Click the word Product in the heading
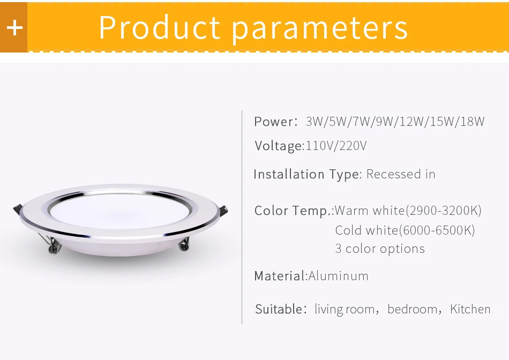coord(159,28)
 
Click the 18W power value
coord(472,122)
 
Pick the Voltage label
coord(278,146)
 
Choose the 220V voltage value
coord(353,146)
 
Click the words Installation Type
coord(307,175)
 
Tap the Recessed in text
coord(401,175)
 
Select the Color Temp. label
coord(294,211)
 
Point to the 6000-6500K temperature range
coord(436,230)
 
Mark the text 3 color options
coord(380,249)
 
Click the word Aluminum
coord(339,276)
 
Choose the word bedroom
coord(412,309)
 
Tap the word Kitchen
coord(470,309)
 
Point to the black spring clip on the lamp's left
coord(17,208)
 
